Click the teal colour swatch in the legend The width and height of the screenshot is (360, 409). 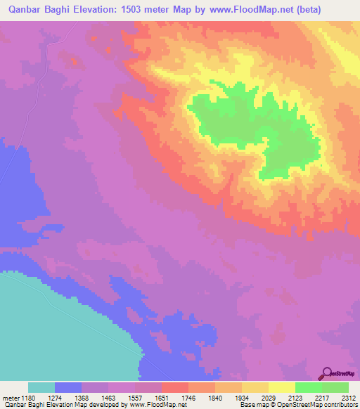(41, 387)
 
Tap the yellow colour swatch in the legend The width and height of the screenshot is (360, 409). (281, 387)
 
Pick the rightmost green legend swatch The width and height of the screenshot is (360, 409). (335, 387)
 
